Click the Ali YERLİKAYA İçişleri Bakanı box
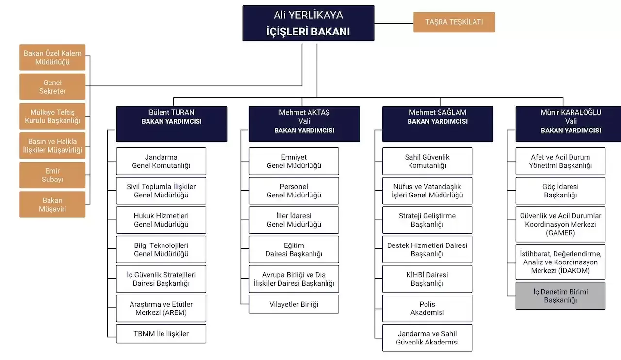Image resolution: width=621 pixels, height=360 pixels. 308,23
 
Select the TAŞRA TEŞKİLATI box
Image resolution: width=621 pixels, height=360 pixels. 454,22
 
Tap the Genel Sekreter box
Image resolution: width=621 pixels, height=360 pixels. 52,87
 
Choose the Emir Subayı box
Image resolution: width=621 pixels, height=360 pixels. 52,175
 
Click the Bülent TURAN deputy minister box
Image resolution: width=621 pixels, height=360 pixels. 171,124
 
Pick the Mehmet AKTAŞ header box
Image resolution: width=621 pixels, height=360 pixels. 304,124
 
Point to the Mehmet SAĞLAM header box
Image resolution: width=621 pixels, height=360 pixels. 437,124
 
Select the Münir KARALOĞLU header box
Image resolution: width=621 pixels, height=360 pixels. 568,124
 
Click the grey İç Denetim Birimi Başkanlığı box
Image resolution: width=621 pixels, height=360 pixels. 560,295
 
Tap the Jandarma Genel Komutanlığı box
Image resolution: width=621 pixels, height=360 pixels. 161,161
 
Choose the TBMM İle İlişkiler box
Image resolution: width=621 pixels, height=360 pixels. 161,333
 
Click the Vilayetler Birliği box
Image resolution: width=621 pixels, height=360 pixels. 294,304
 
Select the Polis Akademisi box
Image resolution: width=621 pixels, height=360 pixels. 427,308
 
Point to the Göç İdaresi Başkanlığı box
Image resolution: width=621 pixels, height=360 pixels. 560,191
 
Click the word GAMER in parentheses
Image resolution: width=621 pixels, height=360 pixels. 560,233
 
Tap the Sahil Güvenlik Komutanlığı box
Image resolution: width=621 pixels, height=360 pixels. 427,161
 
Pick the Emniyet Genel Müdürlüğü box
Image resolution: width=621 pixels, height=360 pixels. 294,161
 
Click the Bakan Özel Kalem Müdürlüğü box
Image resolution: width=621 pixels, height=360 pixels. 52,57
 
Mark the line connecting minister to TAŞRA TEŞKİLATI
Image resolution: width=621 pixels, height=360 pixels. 393,23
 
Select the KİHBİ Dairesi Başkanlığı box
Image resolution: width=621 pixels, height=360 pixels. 427,279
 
